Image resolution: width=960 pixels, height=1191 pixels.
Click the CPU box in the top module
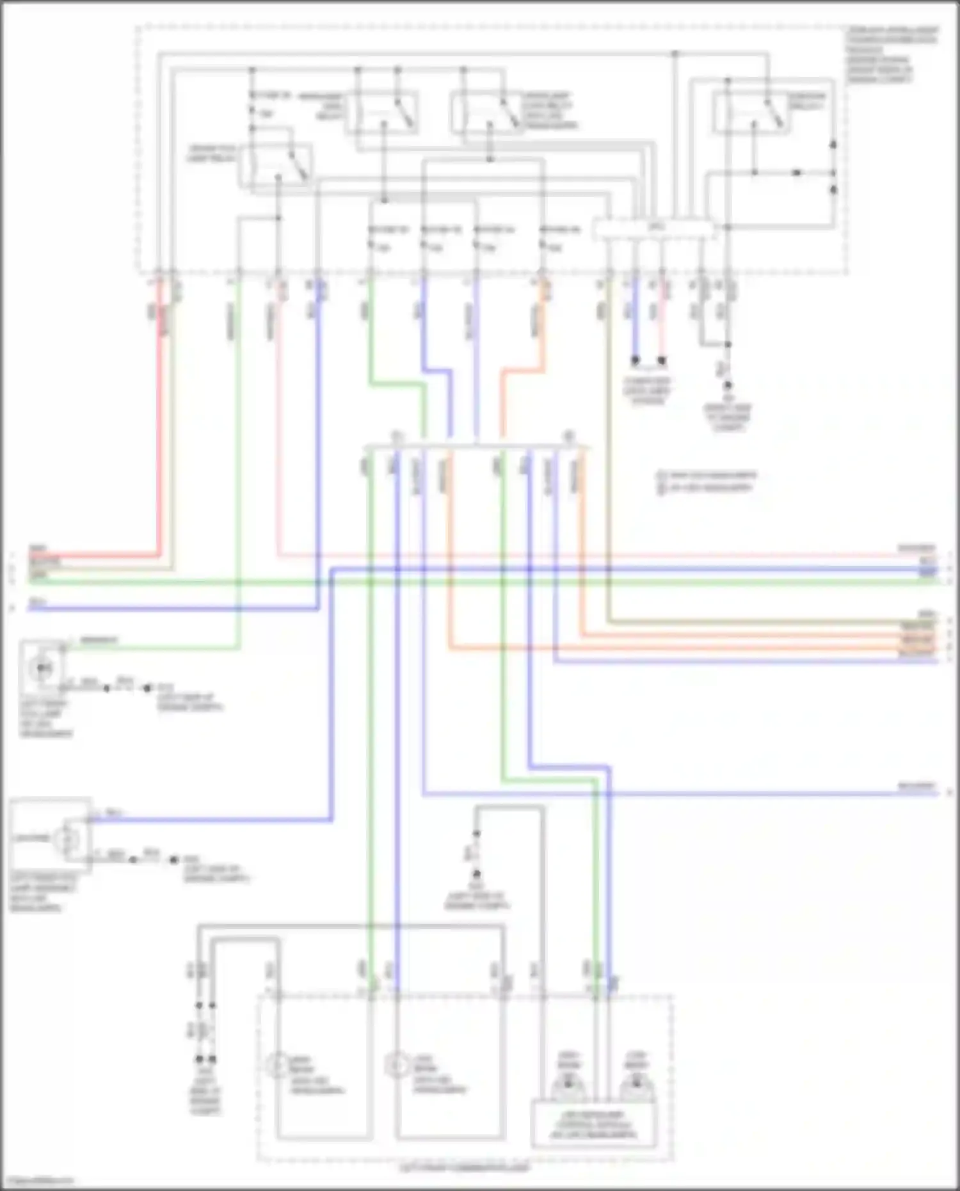(x=654, y=227)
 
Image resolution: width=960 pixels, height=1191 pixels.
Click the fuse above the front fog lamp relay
(x=253, y=106)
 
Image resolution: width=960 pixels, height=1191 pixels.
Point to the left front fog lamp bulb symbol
(x=42, y=667)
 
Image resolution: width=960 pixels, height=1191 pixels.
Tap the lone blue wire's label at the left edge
(x=37, y=602)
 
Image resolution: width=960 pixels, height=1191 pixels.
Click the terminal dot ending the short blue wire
(x=635, y=361)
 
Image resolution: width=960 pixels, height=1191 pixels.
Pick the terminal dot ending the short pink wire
(x=662, y=361)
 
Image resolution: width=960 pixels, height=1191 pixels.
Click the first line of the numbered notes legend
(x=707, y=476)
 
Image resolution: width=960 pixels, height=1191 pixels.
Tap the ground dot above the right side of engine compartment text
(x=727, y=386)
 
